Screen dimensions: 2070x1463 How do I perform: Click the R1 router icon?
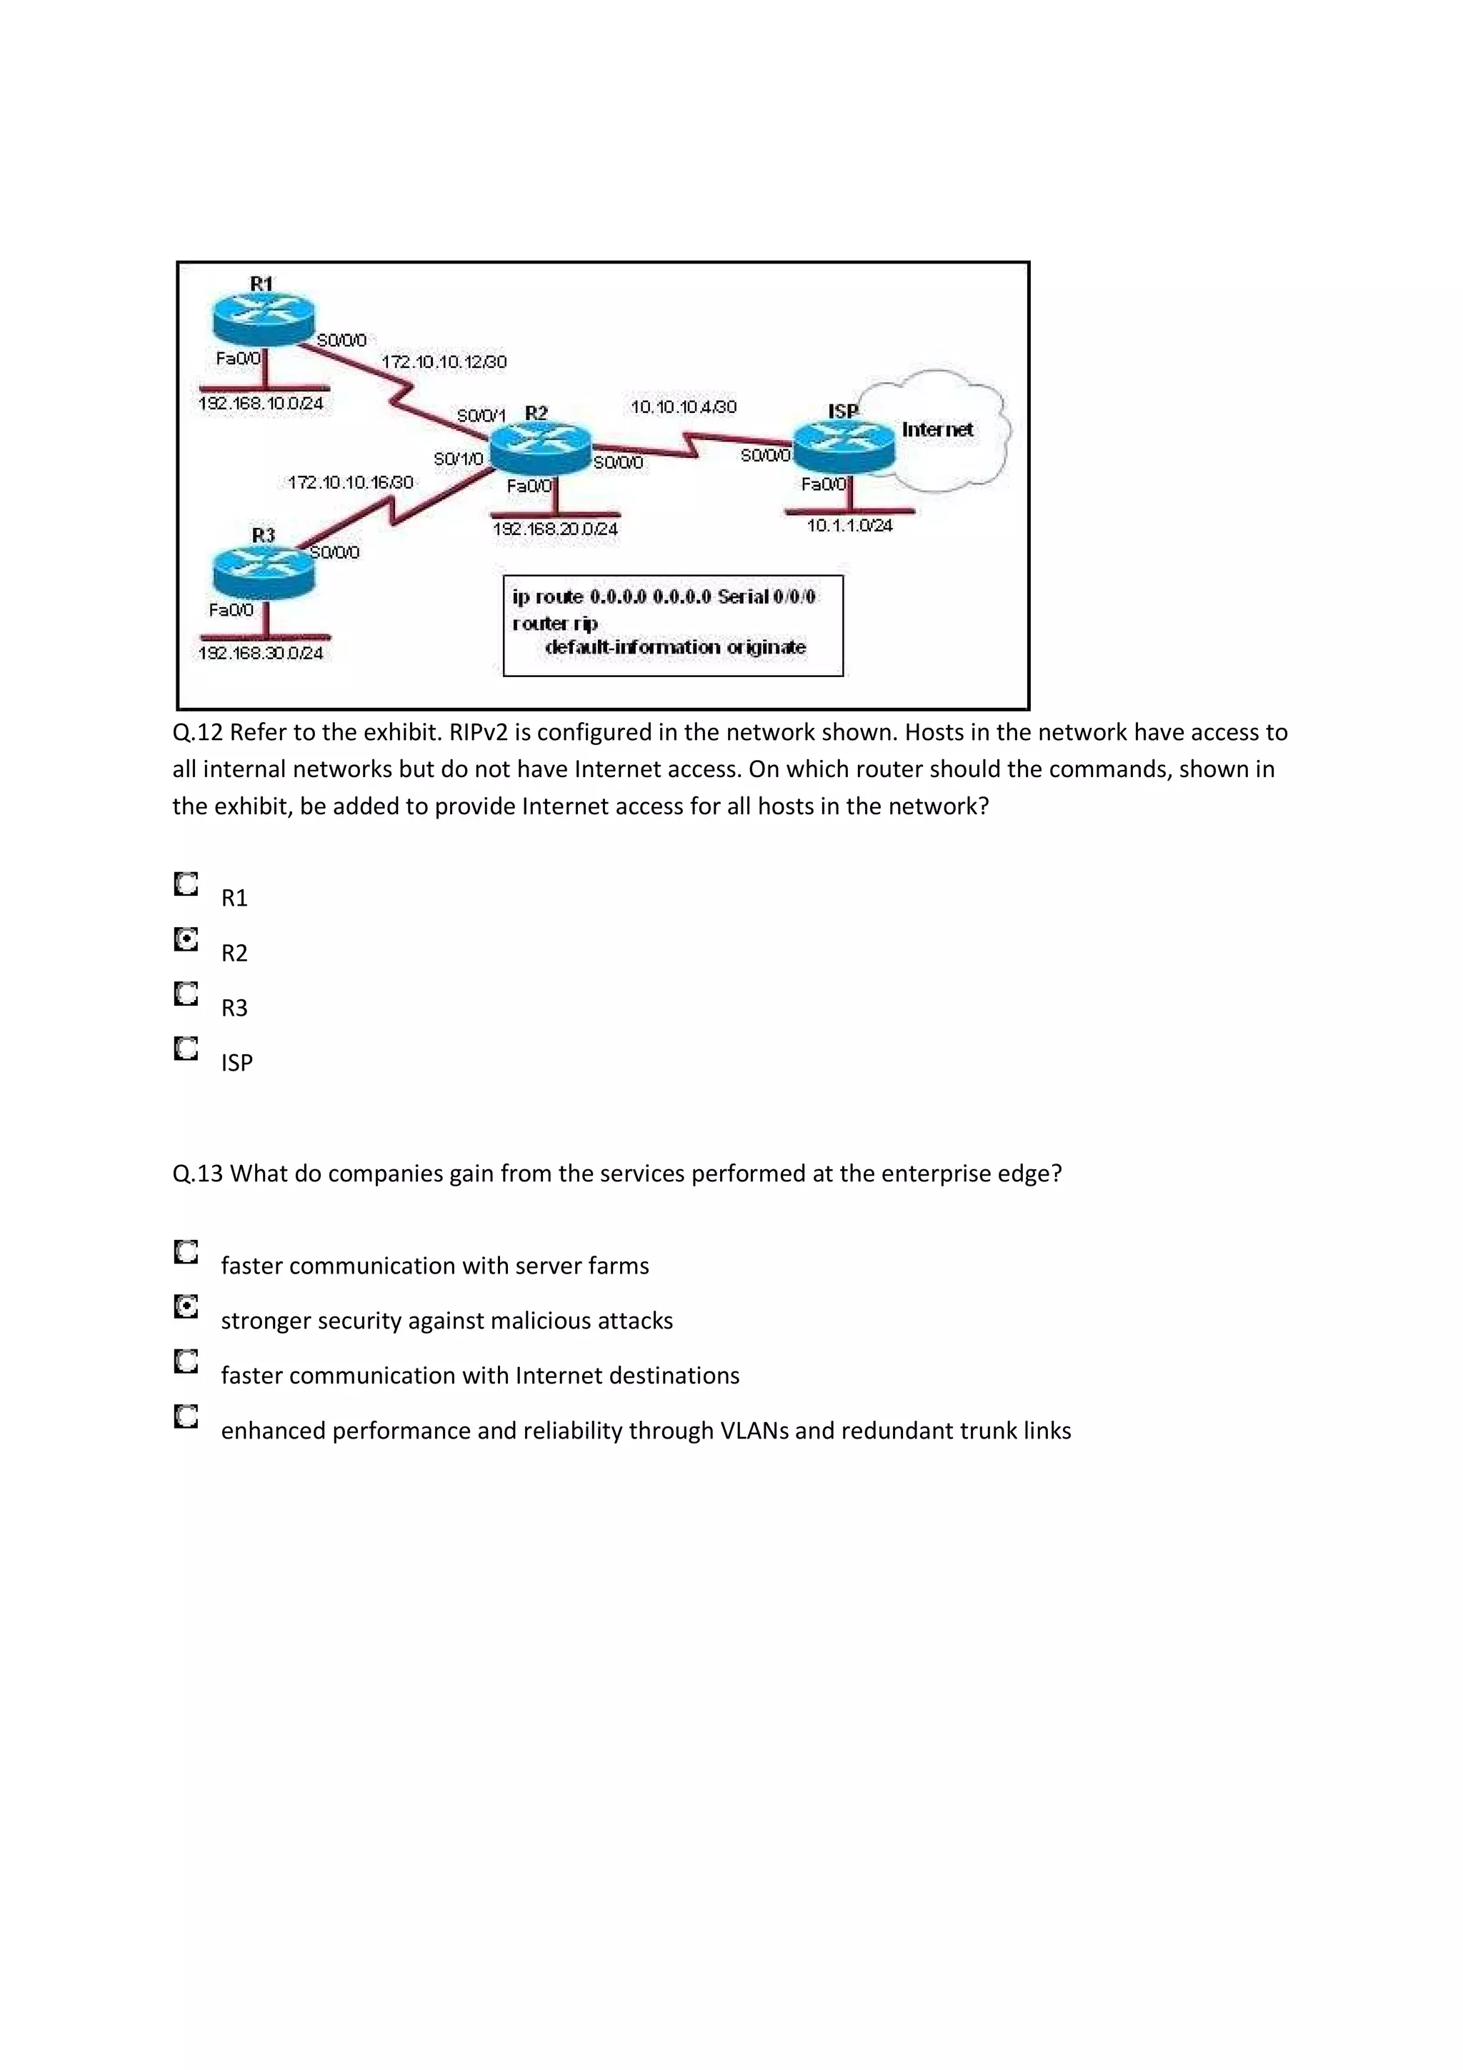click(262, 317)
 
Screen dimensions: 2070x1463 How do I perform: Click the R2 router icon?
click(540, 448)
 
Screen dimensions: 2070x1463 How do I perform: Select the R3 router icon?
click(263, 571)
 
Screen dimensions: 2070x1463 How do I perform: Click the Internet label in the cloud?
click(937, 429)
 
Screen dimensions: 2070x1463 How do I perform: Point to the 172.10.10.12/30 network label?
click(444, 361)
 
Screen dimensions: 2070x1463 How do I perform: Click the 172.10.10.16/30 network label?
click(350, 482)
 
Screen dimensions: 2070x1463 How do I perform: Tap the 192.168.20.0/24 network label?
click(555, 529)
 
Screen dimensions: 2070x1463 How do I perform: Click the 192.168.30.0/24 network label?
click(261, 652)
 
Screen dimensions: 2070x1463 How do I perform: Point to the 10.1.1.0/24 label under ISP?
click(849, 525)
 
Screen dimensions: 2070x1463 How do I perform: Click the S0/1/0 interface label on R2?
click(458, 459)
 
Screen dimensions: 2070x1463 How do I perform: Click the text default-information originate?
click(675, 646)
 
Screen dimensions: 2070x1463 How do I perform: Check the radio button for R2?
click(186, 939)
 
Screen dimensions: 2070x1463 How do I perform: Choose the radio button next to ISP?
click(186, 1049)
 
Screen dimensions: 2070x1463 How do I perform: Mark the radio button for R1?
click(186, 884)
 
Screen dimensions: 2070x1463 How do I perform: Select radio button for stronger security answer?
click(186, 1306)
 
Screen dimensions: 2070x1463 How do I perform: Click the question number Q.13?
click(197, 1173)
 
